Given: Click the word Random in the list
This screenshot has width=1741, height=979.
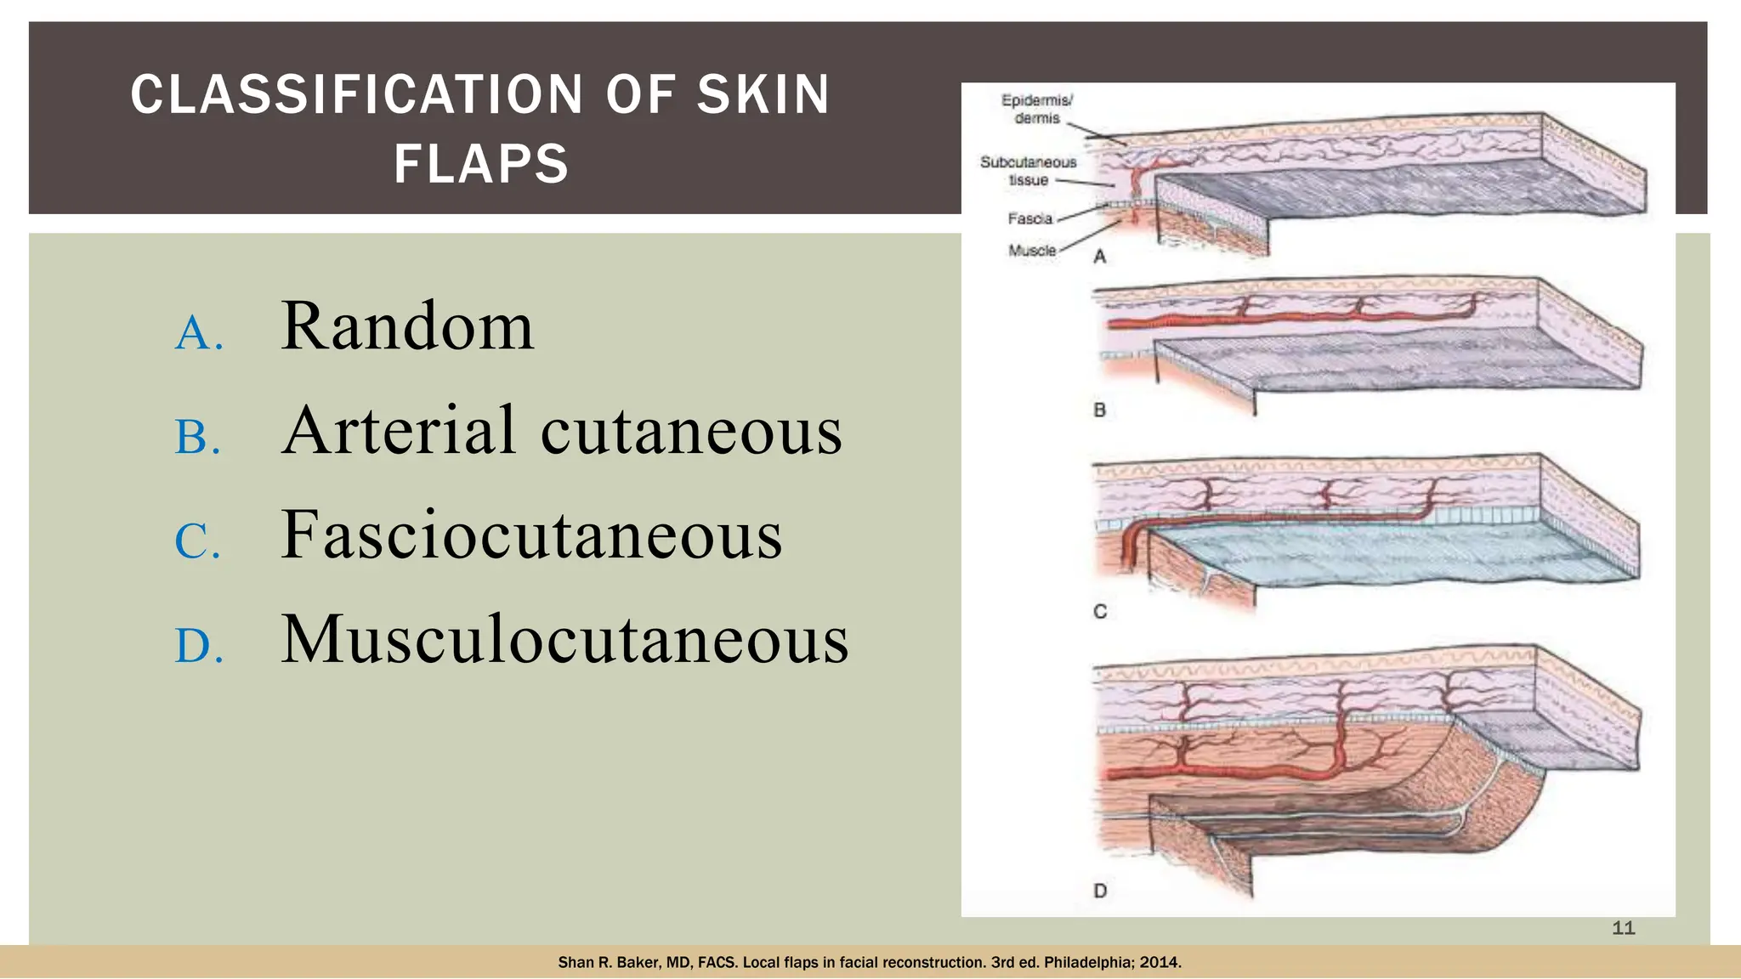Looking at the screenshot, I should tap(407, 326).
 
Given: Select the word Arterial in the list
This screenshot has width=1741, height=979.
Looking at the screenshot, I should tap(399, 430).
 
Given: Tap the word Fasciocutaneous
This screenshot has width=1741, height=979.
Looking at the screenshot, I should tap(531, 535).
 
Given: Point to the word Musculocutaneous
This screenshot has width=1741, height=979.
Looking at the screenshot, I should tap(564, 639).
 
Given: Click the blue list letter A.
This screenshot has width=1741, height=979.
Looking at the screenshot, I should tap(199, 333).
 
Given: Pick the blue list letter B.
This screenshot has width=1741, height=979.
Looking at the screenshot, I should tap(198, 438).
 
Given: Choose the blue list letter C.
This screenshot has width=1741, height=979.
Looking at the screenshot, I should tap(198, 542).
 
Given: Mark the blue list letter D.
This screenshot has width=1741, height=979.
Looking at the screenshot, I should tap(199, 647).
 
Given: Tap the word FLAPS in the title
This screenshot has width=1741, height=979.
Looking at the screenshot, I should tap(481, 164).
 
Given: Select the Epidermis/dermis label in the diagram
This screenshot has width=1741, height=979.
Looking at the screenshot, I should tap(1036, 110).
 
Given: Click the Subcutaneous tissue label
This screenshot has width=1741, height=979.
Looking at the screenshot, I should tap(1029, 171).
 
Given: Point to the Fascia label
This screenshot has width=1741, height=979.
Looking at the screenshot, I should tap(1030, 219).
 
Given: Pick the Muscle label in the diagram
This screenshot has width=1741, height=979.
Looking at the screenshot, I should tap(1032, 251).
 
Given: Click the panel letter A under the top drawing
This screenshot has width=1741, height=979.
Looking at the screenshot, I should tap(1100, 257).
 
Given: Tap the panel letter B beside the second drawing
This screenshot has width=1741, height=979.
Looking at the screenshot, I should tap(1100, 410).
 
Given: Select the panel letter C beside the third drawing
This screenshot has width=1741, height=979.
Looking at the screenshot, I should tap(1100, 612).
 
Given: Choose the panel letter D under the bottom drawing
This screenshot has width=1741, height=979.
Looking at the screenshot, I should tap(1100, 891).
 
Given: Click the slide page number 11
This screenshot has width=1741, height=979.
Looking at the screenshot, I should tap(1624, 928).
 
